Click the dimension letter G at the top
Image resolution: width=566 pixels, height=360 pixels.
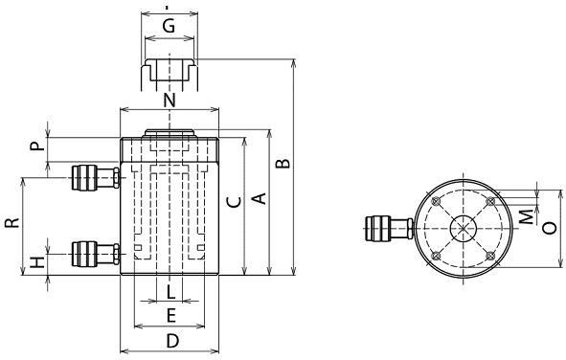[x=169, y=26]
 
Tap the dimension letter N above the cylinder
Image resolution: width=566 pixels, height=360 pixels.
[x=170, y=100]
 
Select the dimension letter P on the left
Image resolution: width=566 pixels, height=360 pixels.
[x=36, y=146]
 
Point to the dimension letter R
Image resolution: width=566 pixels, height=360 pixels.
[x=12, y=223]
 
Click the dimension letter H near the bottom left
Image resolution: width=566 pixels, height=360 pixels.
[x=36, y=262]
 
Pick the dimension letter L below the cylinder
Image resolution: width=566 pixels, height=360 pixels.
[x=170, y=292]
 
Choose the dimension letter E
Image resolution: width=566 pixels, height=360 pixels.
[x=170, y=316]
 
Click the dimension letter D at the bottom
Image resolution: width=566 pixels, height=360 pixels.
[x=172, y=341]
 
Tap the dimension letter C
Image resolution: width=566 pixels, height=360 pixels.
[x=235, y=202]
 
